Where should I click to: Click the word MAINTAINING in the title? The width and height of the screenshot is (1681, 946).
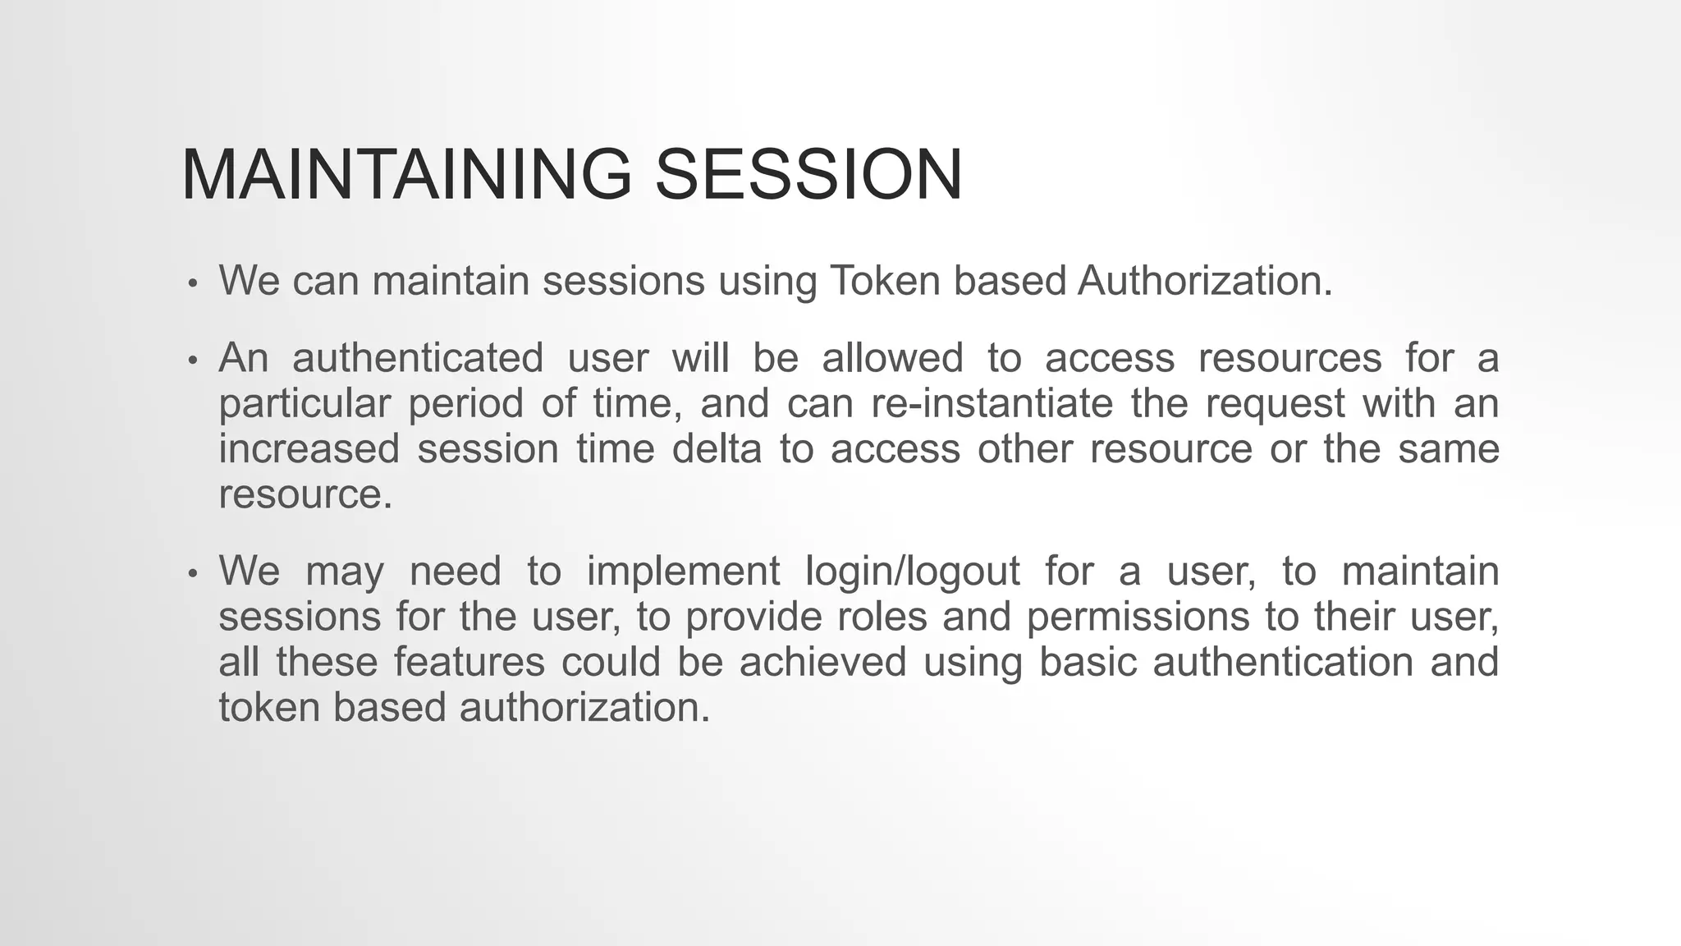coord(406,174)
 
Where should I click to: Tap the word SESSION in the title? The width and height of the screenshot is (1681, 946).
coord(808,174)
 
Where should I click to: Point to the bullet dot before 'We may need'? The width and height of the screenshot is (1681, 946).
coord(193,573)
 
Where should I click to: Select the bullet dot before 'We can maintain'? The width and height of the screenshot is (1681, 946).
coord(193,283)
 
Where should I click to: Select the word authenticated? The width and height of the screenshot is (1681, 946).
coord(418,358)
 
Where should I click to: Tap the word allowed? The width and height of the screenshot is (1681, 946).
coord(892,358)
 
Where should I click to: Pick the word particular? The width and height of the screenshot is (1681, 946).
coord(305,404)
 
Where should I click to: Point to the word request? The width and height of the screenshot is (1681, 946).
coord(1275,404)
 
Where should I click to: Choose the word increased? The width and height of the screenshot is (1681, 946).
coord(309,449)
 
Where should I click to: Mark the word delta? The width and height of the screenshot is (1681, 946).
coord(717,449)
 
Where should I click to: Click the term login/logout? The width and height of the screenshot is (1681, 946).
coord(913,571)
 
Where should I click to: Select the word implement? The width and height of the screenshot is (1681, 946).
coord(683,571)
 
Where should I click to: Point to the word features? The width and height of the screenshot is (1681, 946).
coord(469,662)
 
